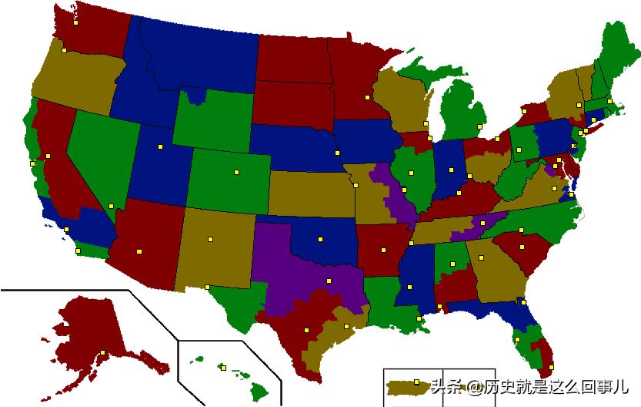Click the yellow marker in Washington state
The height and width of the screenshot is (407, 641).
(75, 23)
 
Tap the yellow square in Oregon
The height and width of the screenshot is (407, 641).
(65, 51)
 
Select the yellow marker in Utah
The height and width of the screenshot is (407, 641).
(161, 146)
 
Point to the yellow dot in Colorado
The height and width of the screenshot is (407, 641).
(236, 172)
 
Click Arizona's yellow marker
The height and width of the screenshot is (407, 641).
(139, 251)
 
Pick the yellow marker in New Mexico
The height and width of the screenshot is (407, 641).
(209, 239)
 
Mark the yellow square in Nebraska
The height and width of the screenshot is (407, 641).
(337, 153)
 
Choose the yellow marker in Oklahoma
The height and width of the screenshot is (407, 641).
(317, 239)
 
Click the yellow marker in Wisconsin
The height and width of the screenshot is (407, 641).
(425, 123)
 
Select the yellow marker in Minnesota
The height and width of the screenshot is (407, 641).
(368, 98)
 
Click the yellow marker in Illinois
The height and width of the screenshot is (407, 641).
(412, 173)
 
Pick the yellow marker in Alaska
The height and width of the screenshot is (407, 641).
(102, 353)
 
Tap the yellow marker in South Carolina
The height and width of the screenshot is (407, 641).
(522, 247)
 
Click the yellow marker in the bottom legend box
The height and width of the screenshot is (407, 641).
(416, 381)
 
